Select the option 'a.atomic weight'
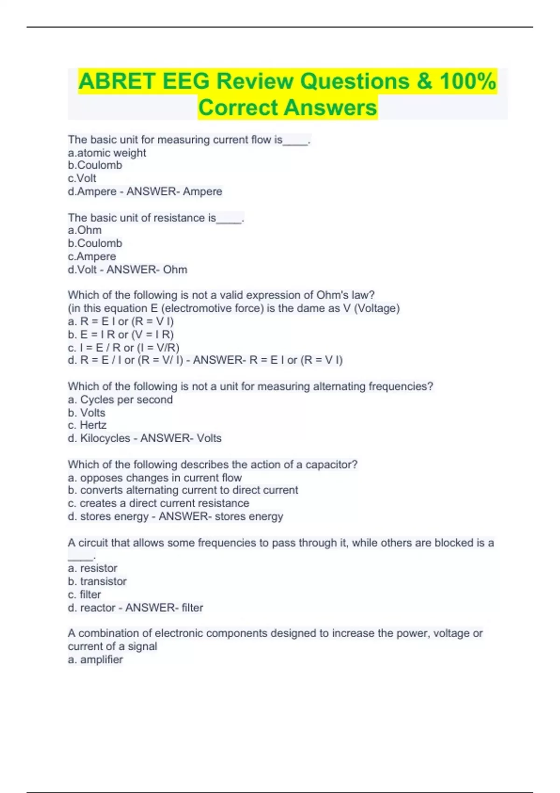[107, 153]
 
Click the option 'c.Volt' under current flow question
[82, 179]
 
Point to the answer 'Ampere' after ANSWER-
[203, 192]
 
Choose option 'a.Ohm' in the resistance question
[84, 230]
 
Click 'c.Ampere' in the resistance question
[92, 257]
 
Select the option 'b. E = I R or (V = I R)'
[121, 334]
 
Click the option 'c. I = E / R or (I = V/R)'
[124, 348]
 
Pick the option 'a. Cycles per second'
[120, 400]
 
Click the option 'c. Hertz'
[87, 425]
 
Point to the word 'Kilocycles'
[105, 438]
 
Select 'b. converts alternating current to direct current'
[183, 490]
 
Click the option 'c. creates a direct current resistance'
[159, 503]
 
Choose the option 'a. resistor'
[92, 568]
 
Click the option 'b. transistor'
[97, 582]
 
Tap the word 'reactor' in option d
[98, 608]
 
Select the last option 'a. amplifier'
[96, 660]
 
